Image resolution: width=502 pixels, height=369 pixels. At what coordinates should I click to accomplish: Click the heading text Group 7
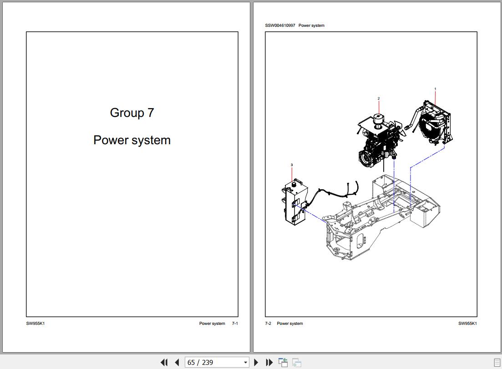click(132, 113)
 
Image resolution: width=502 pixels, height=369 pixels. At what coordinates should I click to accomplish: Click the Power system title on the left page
click(132, 140)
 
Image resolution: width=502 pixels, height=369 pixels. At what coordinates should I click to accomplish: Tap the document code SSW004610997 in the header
click(280, 25)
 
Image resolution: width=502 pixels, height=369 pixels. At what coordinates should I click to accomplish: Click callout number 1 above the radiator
click(435, 89)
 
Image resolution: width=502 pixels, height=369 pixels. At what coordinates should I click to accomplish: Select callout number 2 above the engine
click(378, 98)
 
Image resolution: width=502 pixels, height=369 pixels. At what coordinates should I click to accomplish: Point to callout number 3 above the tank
click(292, 165)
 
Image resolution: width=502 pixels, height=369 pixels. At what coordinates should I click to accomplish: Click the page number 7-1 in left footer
click(235, 324)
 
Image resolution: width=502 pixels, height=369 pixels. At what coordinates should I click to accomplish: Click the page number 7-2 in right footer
click(268, 324)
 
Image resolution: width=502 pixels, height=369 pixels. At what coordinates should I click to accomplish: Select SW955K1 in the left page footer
click(35, 324)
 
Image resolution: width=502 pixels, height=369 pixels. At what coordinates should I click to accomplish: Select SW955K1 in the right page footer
click(467, 324)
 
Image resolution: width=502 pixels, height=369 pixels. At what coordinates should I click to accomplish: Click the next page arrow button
click(256, 363)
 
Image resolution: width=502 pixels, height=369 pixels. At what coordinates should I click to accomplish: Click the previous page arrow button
click(177, 363)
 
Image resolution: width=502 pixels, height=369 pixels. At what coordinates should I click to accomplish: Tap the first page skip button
click(164, 363)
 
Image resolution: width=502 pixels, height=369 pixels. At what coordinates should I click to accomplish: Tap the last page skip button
click(269, 363)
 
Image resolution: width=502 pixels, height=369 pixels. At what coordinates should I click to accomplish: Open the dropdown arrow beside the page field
click(246, 363)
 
